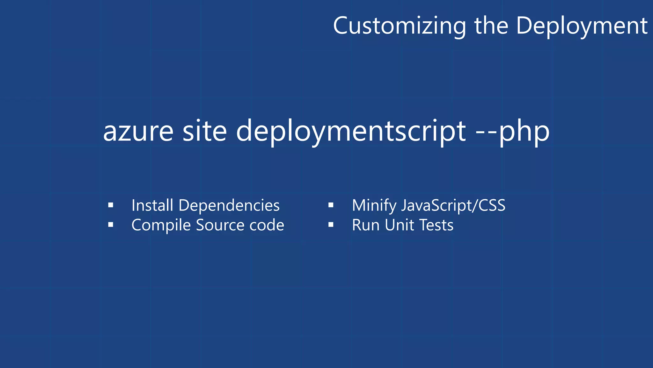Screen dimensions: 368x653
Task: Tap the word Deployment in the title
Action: coord(582,26)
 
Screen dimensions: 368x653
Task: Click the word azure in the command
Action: coord(138,131)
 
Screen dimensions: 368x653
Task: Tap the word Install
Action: coord(152,205)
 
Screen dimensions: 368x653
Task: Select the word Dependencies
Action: coord(229,206)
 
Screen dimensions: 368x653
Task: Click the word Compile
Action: coord(161,226)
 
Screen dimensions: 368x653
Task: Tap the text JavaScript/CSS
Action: coord(453,206)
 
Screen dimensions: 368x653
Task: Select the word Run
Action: coord(365,225)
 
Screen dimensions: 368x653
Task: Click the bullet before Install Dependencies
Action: coord(111,205)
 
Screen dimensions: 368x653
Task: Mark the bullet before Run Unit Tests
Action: coord(331,225)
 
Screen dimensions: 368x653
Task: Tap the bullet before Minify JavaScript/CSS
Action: coord(331,205)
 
